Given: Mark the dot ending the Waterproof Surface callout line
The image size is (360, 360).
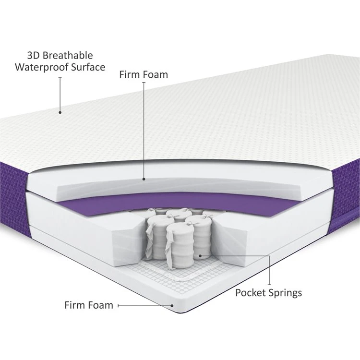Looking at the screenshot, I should tap(60, 113).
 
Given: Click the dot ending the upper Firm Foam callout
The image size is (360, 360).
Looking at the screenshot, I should tap(144, 179).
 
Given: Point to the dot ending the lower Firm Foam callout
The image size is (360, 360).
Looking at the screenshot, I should tap(172, 305).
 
